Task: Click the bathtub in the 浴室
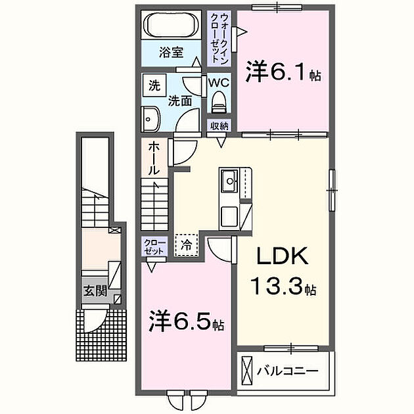(172, 27)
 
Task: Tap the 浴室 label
(172, 53)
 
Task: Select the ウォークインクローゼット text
(216, 37)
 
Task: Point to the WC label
(218, 83)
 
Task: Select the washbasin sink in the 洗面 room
(150, 120)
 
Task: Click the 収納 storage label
(219, 126)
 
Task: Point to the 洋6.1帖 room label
(283, 72)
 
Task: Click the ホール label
(152, 158)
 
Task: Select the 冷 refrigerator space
(186, 244)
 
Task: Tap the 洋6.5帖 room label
(185, 322)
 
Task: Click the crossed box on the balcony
(247, 372)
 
